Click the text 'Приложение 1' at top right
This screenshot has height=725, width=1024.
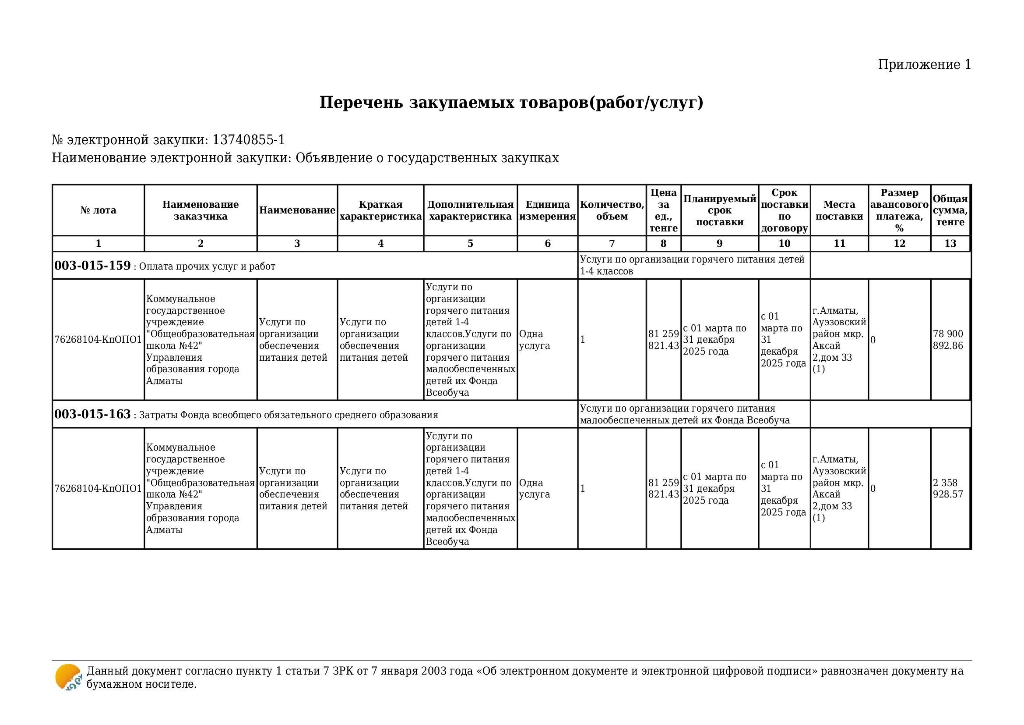924,65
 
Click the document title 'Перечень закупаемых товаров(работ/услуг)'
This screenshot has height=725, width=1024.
511,103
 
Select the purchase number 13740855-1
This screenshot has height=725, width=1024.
248,140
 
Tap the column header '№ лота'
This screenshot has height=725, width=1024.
98,210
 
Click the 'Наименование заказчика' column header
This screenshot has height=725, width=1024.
200,210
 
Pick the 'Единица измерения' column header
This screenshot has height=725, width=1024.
547,210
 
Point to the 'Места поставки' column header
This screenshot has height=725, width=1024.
839,210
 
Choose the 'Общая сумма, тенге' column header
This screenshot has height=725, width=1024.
950,210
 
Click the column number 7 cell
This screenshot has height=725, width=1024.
612,243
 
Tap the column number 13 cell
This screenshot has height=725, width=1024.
950,243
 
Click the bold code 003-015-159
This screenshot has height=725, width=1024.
92,266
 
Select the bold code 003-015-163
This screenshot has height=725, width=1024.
92,414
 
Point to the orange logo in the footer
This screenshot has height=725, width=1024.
68,677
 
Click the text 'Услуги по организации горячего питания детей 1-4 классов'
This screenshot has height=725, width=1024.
692,265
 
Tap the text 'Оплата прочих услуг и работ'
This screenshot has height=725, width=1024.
207,267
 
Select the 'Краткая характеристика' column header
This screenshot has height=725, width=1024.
380,210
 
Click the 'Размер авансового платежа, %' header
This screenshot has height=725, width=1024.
899,210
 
